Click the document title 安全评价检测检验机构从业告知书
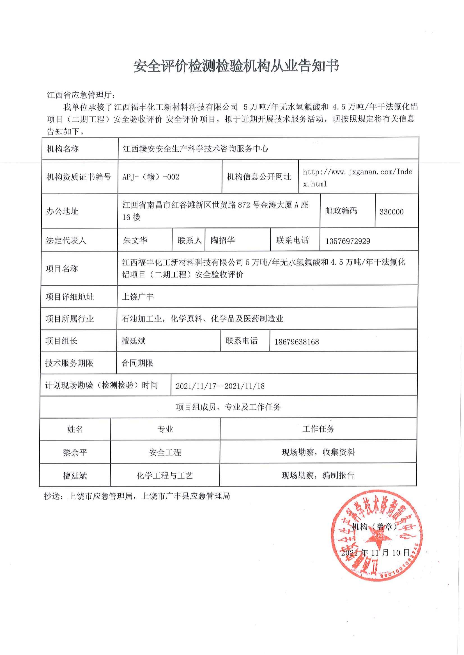pos(236,66)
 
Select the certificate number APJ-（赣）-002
pos(151,177)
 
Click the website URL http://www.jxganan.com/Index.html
pos(357,178)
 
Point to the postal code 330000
pos(391,212)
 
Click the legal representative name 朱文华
pos(135,240)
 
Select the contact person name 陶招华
pos(223,240)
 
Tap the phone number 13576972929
pos(348,241)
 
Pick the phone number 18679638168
pos(297,342)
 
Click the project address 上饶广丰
pos(138,297)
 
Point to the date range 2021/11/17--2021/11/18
pos(220,386)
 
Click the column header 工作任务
pos(318,429)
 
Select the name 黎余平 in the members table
pos(75,453)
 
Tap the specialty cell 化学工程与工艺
pos(165,475)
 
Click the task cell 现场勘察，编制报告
pos(318,475)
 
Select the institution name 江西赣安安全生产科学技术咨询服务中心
pos(196,149)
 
